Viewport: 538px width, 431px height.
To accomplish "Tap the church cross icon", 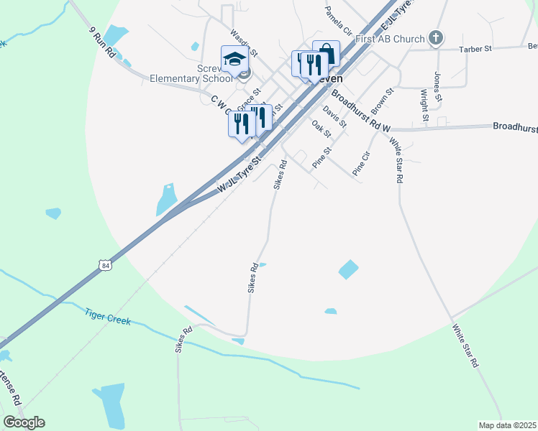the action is [x=434, y=37].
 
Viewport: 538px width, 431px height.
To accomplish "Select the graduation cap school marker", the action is [x=234, y=59].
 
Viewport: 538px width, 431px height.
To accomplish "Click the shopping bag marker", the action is [x=326, y=52].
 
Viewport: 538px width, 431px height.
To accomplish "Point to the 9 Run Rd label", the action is [x=102, y=42].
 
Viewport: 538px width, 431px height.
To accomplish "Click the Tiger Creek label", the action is [x=108, y=316].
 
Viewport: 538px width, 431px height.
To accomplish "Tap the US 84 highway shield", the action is [x=106, y=266].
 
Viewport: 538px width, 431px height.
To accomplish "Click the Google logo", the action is [x=24, y=422].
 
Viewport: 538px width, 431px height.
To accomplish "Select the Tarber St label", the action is [x=475, y=50].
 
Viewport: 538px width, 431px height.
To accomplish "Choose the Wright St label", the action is [x=424, y=105].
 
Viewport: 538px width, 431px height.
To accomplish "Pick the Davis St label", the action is [x=334, y=116].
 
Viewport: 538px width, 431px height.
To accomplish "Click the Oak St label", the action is [x=322, y=129].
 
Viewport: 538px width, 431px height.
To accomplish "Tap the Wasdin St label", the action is [x=244, y=42].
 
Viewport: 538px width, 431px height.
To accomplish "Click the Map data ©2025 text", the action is [x=507, y=425].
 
